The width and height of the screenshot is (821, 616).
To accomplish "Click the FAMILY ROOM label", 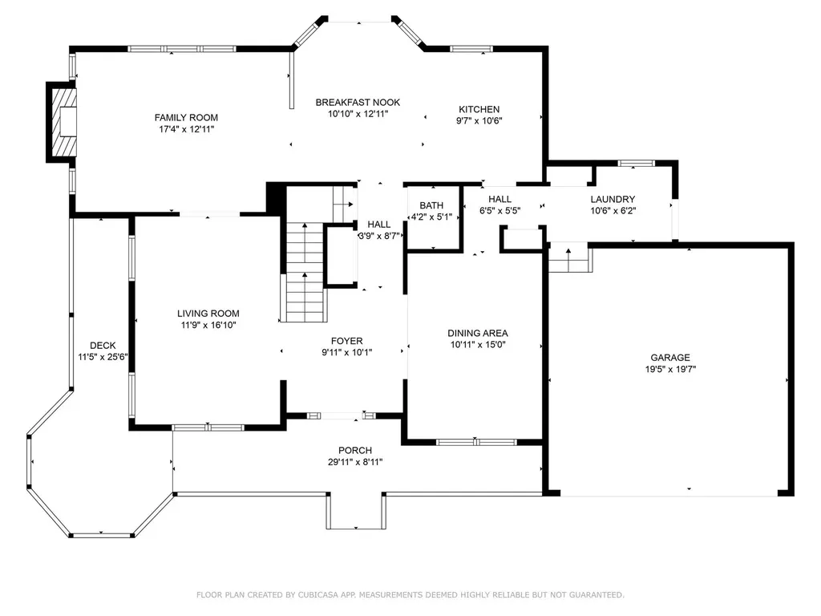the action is pos(186,118).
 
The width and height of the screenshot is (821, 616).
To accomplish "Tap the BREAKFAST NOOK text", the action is pos(358,103).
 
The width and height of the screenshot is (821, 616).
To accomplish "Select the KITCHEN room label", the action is pos(479,109).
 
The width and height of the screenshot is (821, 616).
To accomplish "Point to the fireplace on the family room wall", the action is pos(62,122).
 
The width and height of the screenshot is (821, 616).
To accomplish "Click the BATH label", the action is pos(431,206).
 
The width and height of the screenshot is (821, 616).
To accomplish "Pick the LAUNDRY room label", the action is pos(613,200).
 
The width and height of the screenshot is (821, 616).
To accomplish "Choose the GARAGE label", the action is pos(670,358).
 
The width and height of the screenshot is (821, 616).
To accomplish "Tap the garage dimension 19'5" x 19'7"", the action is pos(670,369).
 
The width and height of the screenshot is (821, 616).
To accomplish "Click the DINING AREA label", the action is pos(478,333).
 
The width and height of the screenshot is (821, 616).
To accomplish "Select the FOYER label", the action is pos(346,341).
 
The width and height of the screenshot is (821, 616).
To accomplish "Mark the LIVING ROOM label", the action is pos(208,314).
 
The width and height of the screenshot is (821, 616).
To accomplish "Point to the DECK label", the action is pos(103,346).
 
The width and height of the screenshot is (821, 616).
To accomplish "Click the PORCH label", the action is pos(355,451).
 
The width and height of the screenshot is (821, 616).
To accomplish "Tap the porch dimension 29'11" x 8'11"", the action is pos(355,462).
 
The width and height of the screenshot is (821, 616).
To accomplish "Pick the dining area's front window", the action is pos(476,443).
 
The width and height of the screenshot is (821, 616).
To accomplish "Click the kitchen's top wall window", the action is pos(471,49).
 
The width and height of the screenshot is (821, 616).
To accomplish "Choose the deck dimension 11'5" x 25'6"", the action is pos(103,357).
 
